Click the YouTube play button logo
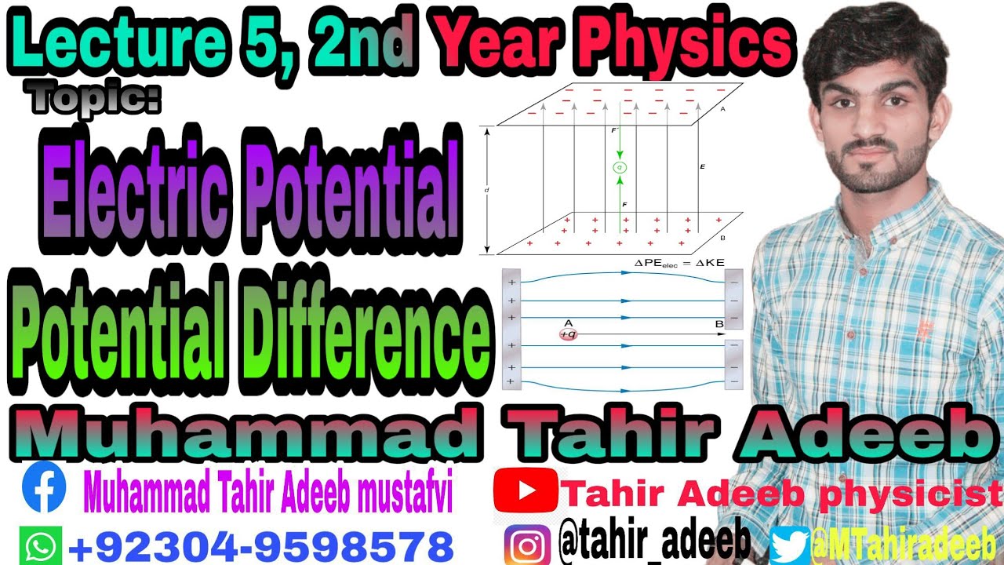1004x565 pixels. tap(525, 491)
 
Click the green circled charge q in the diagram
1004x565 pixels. tap(620, 167)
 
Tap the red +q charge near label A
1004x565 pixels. tap(566, 334)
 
